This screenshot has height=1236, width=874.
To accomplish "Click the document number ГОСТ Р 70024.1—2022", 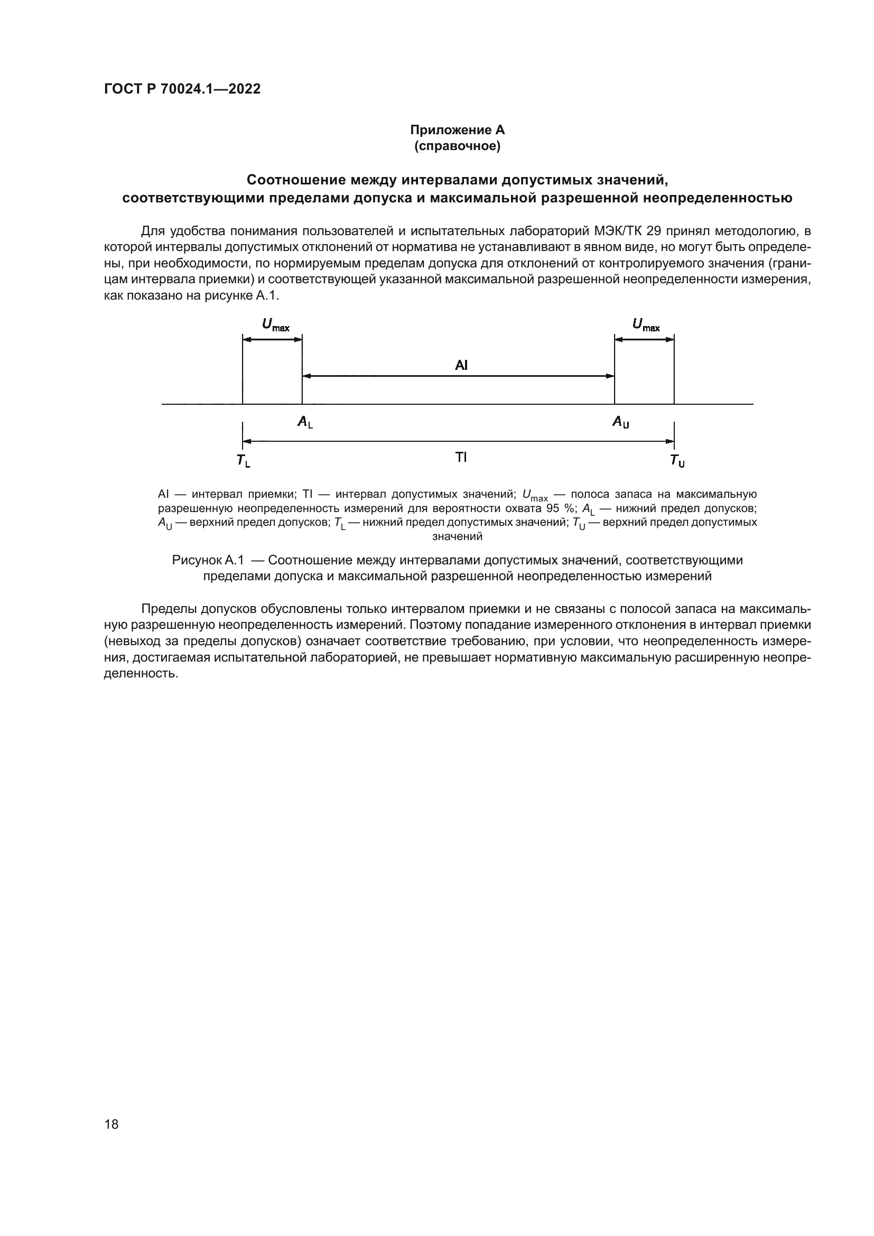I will click(x=182, y=89).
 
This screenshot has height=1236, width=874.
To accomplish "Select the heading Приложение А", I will click(x=458, y=130).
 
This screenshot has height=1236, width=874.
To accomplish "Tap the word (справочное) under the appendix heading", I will click(x=458, y=146).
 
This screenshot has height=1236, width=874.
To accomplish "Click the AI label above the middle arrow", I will click(x=461, y=366).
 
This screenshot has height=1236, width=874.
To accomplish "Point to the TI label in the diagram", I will click(x=461, y=458).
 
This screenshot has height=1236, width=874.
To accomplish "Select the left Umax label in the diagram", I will click(x=275, y=325).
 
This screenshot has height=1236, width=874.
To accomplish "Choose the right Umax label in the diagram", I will click(x=646, y=325).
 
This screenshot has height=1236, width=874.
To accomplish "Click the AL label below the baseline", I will click(x=305, y=423).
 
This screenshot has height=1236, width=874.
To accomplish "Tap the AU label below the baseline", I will click(x=621, y=423).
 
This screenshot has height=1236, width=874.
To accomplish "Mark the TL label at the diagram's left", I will click(x=243, y=461).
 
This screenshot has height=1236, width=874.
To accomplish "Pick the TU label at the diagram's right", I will click(x=677, y=461).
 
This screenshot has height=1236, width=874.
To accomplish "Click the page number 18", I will click(x=111, y=1124).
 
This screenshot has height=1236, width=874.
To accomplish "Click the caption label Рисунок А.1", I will click(x=208, y=560).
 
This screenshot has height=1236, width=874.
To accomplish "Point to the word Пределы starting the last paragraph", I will click(x=171, y=609).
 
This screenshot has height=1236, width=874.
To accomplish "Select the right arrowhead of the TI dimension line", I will click(x=670, y=441).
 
